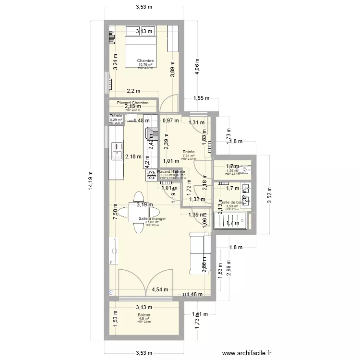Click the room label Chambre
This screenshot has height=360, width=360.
click(145, 60)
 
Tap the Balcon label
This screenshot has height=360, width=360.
click(144, 315)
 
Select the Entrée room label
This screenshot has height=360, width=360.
click(189, 152)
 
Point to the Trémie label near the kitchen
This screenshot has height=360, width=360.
click(116, 116)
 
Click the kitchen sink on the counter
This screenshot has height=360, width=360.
click(116, 154)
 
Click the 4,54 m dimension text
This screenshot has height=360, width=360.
click(160, 289)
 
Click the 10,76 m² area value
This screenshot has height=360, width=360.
click(145, 65)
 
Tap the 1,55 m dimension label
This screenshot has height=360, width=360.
click(201, 98)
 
